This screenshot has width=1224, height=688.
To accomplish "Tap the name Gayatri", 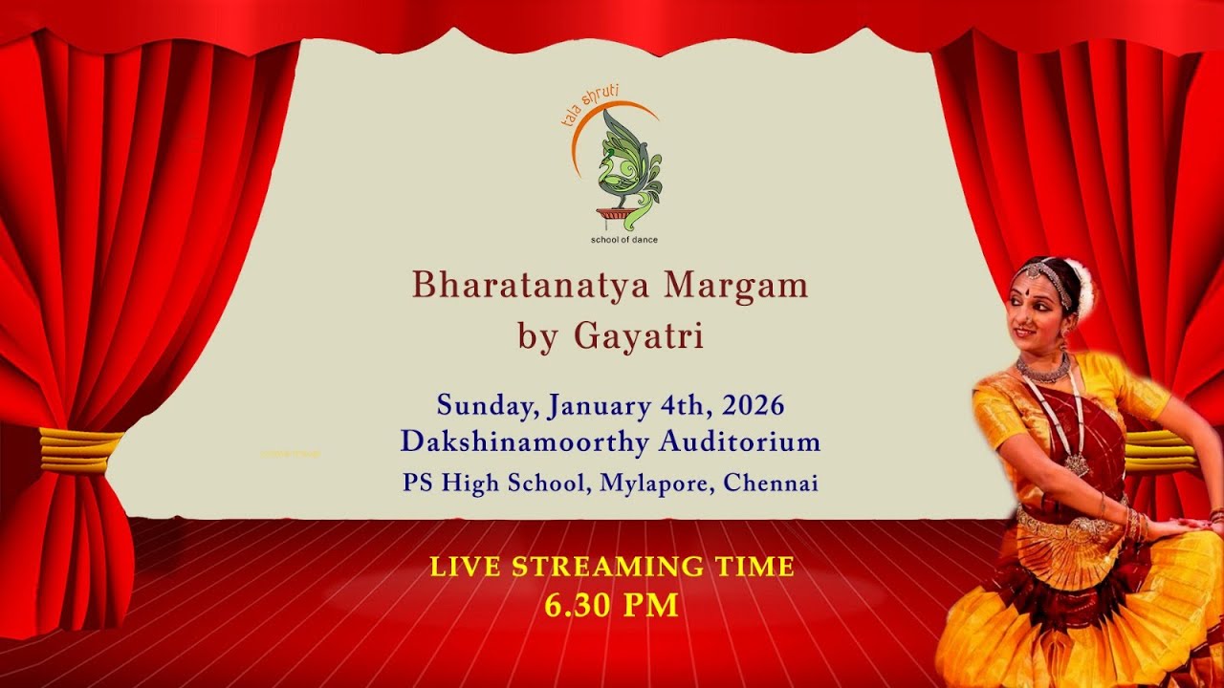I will [x=639, y=336].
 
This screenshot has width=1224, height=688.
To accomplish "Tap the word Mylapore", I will [x=657, y=484].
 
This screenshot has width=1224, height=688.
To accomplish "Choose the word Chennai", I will [x=771, y=484].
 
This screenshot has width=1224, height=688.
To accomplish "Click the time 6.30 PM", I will [x=612, y=605].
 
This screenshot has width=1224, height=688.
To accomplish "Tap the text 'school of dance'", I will [x=624, y=239].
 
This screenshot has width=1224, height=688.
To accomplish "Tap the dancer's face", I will [x=1039, y=307].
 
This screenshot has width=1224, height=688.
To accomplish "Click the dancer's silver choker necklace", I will [x=1043, y=368].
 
